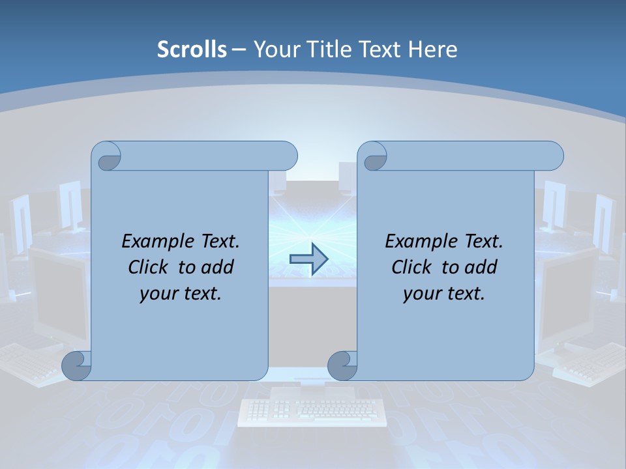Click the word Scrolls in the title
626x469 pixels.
[192, 50]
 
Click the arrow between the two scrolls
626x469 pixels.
[308, 259]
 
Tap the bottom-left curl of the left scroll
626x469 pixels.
[77, 365]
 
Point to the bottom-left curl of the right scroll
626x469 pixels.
[342, 365]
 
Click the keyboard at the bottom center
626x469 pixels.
[312, 412]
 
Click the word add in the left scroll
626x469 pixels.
[217, 267]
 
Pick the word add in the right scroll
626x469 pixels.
[481, 267]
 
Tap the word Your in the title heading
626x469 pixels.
[275, 50]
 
